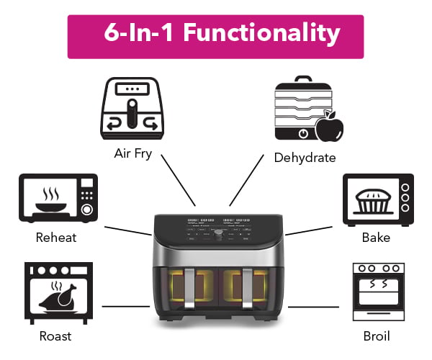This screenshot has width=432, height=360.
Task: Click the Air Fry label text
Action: [x=133, y=153]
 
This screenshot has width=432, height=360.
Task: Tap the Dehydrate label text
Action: [x=305, y=157]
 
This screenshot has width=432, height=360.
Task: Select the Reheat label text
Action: [x=56, y=237]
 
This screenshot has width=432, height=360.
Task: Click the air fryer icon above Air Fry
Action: [x=133, y=109]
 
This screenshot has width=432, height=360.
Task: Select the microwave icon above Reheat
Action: [x=57, y=197]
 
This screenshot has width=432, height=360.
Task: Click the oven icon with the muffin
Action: [x=378, y=196]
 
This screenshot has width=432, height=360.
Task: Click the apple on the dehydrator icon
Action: [x=330, y=128]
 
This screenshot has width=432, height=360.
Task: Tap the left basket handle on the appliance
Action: [x=189, y=291]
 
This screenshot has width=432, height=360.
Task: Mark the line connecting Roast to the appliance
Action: [x=125, y=306]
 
